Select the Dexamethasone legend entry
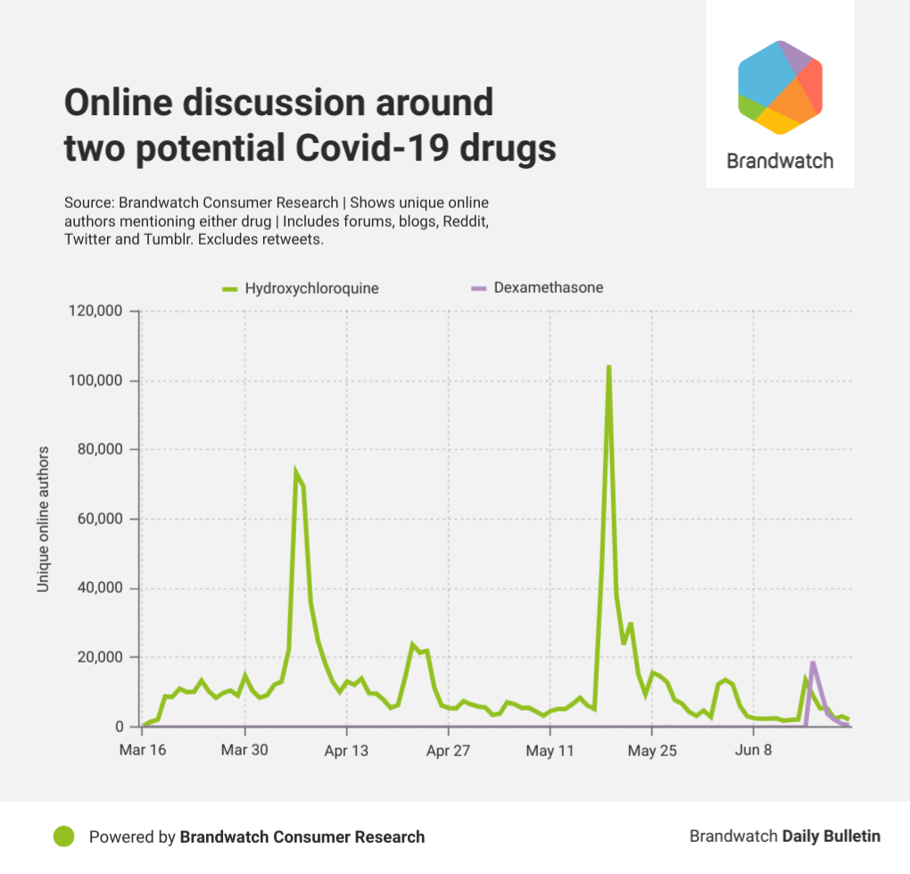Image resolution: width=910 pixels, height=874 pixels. pyautogui.click(x=548, y=287)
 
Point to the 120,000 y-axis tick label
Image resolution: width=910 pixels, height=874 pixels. pyautogui.click(x=96, y=312)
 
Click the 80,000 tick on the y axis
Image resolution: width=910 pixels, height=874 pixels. pyautogui.click(x=100, y=450)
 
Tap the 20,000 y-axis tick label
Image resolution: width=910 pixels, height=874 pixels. pyautogui.click(x=100, y=658)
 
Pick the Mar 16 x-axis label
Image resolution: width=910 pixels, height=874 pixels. pyautogui.click(x=142, y=751)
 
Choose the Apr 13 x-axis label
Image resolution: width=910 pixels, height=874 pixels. pyautogui.click(x=346, y=751)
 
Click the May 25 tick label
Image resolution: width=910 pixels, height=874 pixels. pyautogui.click(x=652, y=751)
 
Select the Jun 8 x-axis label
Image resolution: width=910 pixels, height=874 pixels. pyautogui.click(x=754, y=751)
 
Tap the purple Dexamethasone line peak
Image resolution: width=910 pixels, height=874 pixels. pyautogui.click(x=813, y=662)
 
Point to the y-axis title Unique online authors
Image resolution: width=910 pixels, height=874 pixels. pyautogui.click(x=42, y=519)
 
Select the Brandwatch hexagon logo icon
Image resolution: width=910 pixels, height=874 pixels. pyautogui.click(x=780, y=87)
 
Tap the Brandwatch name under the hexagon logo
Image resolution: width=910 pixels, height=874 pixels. pyautogui.click(x=780, y=161)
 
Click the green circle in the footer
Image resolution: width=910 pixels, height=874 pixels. pyautogui.click(x=63, y=837)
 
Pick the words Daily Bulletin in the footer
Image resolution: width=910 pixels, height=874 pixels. pyautogui.click(x=831, y=837)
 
